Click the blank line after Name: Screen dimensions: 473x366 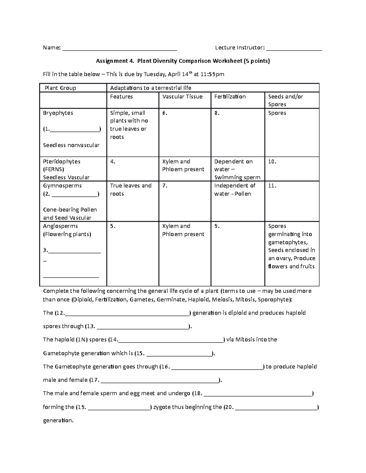coord(120,49)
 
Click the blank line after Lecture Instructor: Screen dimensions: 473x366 coord(294,49)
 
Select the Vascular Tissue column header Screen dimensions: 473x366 coord(182,97)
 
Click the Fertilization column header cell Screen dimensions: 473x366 coord(230,97)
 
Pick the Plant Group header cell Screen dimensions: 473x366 coord(60,88)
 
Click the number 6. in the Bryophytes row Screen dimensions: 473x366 coord(165,113)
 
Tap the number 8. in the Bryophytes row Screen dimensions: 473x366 coord(217,113)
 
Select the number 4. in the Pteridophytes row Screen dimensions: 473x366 coord(113,161)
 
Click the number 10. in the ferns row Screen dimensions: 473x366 coord(272,161)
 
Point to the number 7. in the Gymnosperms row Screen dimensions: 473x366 coord(165,185)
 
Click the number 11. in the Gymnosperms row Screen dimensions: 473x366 coord(272,185)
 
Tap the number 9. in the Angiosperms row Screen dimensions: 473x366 coord(217,226)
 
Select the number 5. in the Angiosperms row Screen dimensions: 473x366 coord(113,226)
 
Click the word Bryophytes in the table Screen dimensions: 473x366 coord(58,113)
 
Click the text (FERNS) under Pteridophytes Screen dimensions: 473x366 coord(54,169)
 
